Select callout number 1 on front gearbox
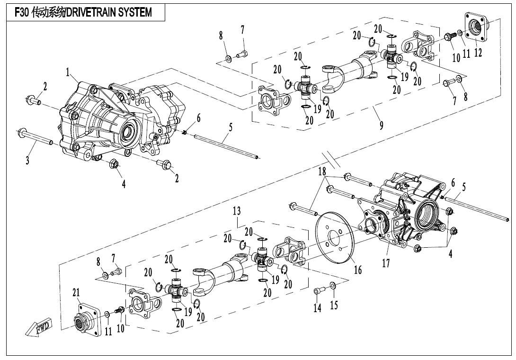click(68, 72)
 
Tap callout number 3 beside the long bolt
click(27, 161)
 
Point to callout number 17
click(386, 262)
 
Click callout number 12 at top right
click(478, 53)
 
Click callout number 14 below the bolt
click(317, 308)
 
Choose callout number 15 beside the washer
click(334, 305)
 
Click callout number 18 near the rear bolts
click(322, 171)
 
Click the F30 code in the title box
click(22, 13)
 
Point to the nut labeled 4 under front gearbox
click(114, 164)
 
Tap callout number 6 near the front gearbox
click(199, 117)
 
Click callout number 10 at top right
click(456, 58)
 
